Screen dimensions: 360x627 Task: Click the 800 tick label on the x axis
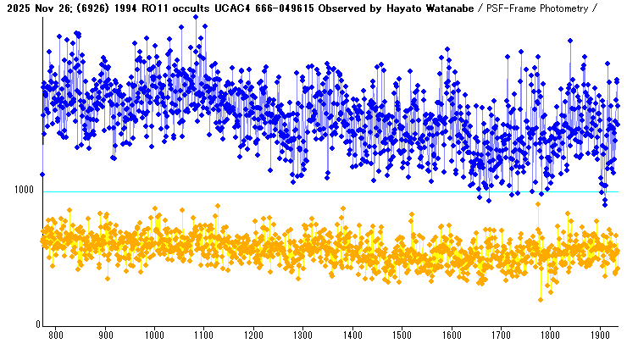56,335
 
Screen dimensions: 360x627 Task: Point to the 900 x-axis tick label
105,335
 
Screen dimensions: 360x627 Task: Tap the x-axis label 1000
154,335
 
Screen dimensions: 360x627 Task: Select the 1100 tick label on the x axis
204,335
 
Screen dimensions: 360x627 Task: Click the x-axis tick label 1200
253,335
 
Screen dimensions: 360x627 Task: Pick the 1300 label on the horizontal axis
302,335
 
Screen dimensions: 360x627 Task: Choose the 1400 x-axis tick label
352,335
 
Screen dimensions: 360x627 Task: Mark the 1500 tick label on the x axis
402,335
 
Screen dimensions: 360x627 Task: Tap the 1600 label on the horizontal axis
451,335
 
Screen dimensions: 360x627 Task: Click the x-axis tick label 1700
501,335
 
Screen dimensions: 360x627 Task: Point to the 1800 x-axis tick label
550,335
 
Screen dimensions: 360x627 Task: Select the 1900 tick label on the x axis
600,335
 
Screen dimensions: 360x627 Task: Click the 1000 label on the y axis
24,191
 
